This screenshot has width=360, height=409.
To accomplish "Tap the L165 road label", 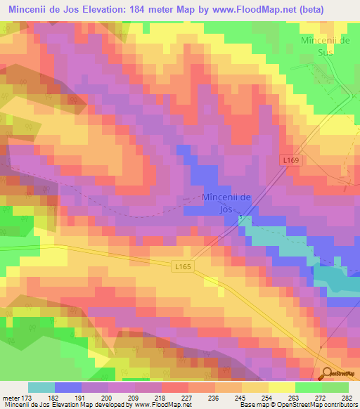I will [x=182, y=266].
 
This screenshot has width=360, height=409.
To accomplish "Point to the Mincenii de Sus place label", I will [x=325, y=46].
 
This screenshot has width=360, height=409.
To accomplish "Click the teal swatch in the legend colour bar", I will [x=41, y=387].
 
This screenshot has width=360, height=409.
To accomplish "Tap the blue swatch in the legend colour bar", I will [x=68, y=387].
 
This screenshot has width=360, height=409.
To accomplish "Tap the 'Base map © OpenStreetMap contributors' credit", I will [x=299, y=405].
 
